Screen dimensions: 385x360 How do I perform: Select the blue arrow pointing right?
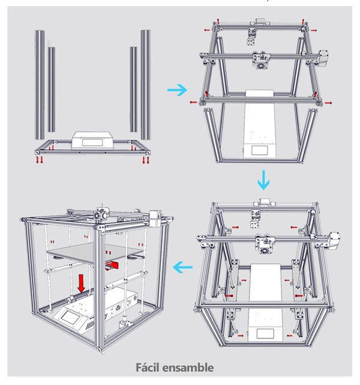point(176,89)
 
